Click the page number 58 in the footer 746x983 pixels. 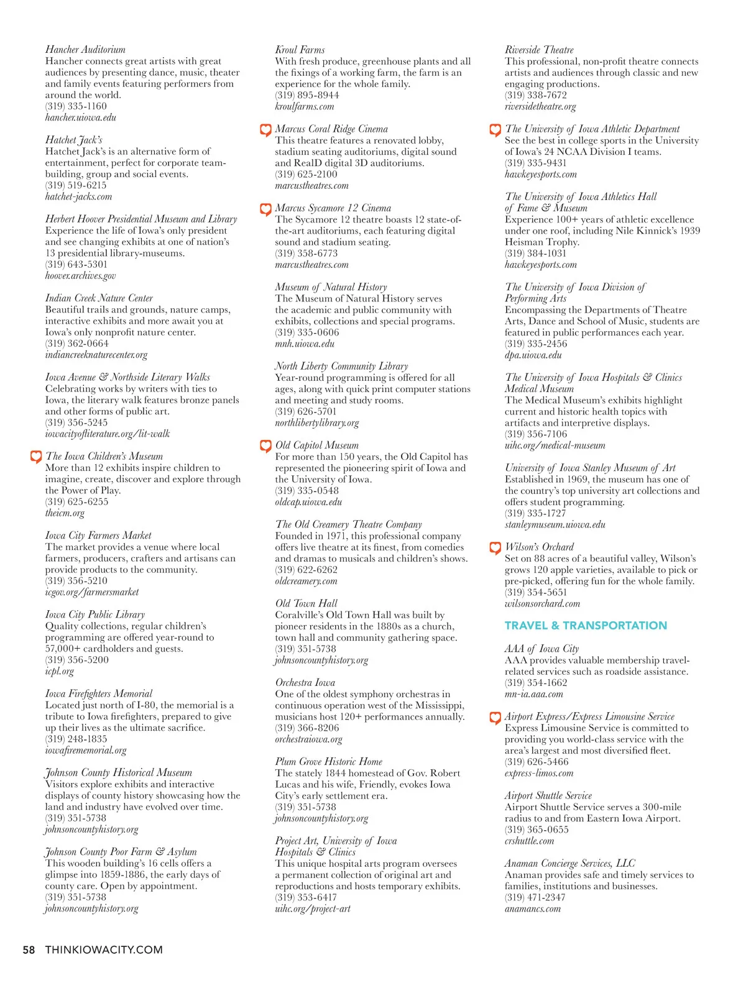pos(29,949)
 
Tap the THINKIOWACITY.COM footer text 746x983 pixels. pos(104,949)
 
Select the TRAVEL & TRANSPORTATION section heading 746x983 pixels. pos(586,626)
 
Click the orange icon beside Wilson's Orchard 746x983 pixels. pos(495,547)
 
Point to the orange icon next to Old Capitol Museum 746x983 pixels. pos(265,446)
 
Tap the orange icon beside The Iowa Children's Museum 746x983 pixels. pos(36,457)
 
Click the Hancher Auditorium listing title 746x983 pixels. pos(85,50)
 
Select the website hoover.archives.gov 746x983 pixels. pos(80,276)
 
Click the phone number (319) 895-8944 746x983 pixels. pos(307,95)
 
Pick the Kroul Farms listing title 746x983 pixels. pos(300,50)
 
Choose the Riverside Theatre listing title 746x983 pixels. pos(539,50)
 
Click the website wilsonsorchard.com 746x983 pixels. pos(542,603)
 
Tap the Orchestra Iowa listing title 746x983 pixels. pos(305,682)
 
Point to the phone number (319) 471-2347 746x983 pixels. pos(536,897)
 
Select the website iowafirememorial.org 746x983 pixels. pos(86,750)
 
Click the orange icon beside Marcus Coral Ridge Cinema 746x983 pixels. pos(265,129)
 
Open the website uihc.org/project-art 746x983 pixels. pos(313,908)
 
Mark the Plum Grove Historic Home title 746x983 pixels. pos(328,761)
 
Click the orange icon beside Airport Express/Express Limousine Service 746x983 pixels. pos(495,717)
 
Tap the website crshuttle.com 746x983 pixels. pos(529,841)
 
